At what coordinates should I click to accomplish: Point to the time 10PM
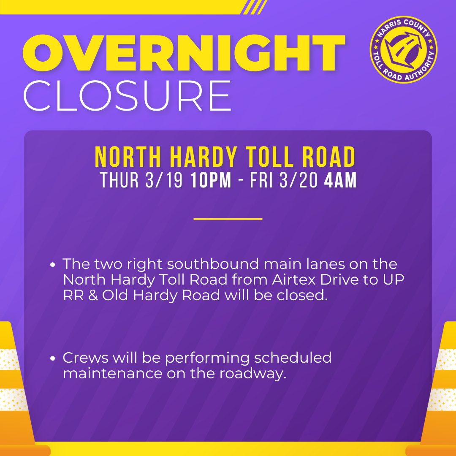[211, 180]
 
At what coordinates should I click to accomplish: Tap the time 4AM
[340, 180]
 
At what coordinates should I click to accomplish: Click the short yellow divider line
[228, 219]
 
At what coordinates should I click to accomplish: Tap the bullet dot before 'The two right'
[52, 265]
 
